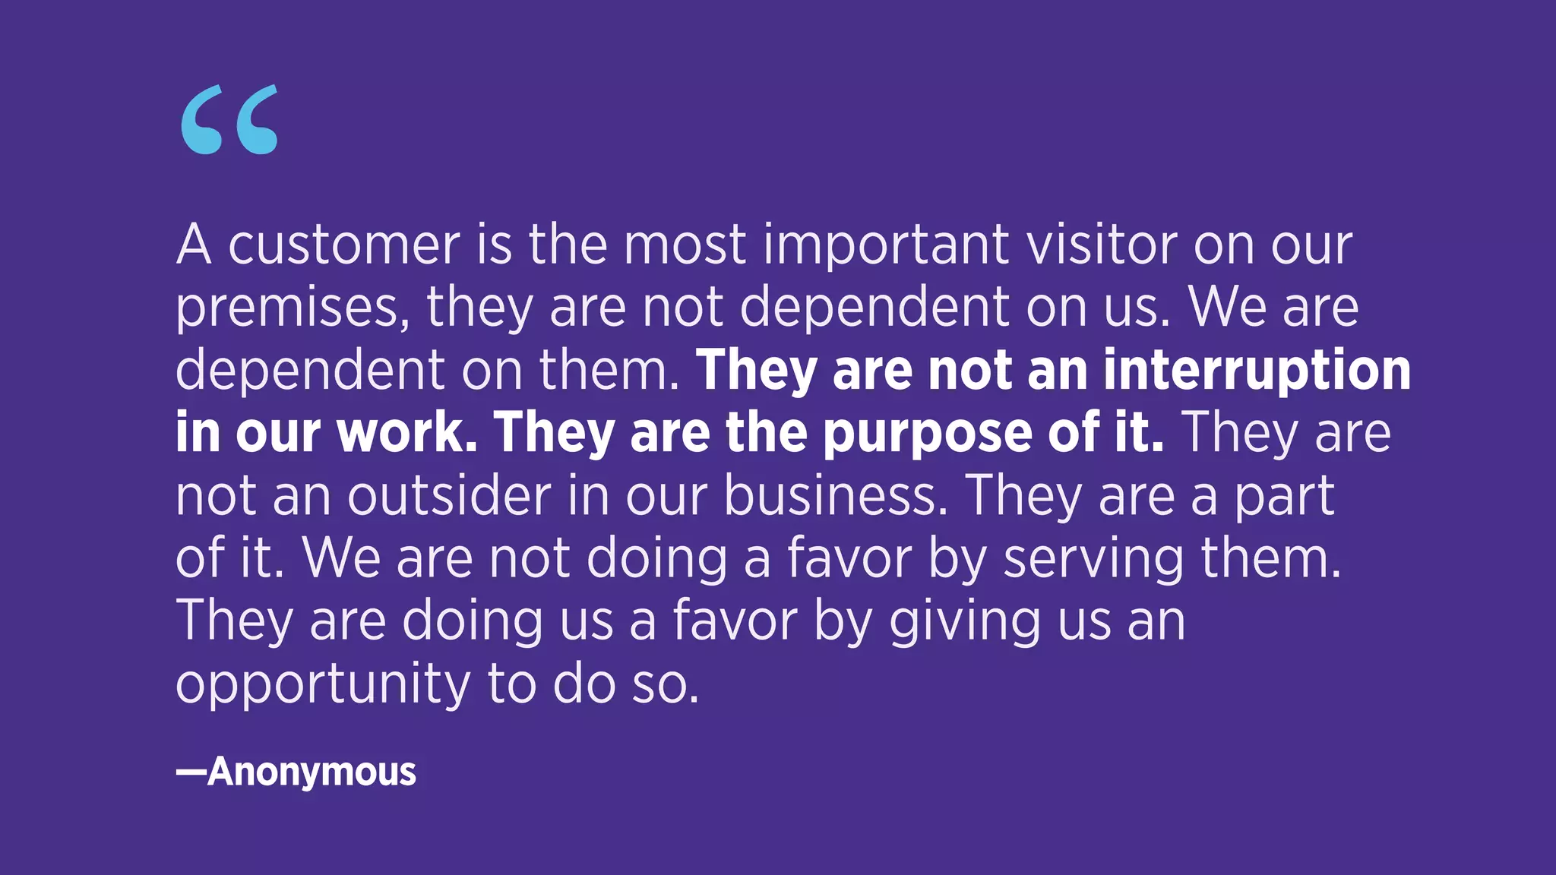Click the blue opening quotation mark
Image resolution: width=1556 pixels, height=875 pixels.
click(229, 120)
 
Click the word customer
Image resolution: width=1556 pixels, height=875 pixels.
click(343, 245)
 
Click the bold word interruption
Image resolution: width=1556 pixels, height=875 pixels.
click(1257, 371)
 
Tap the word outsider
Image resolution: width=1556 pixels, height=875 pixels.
click(449, 496)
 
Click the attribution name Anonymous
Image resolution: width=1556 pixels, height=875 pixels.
click(312, 772)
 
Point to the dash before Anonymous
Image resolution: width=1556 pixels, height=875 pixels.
click(191, 772)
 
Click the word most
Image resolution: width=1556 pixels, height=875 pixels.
click(685, 245)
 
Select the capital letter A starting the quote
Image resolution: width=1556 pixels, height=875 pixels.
click(194, 245)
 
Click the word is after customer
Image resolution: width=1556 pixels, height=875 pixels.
click(495, 245)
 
